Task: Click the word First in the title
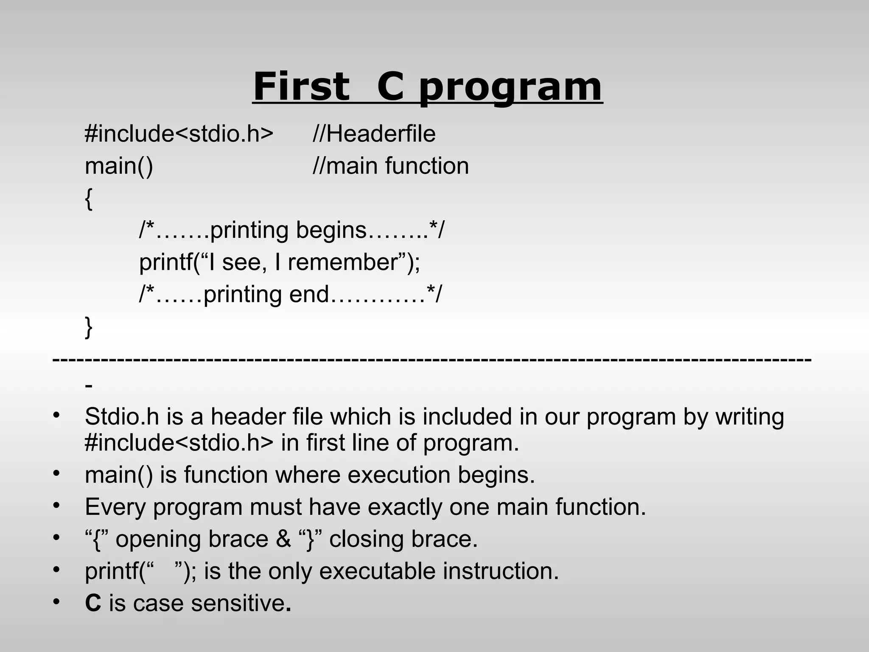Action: coord(301,86)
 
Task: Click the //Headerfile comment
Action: coord(374,134)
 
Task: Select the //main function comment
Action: coord(390,166)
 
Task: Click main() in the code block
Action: coord(119,166)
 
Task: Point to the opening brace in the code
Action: coord(88,199)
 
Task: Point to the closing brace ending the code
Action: coord(88,327)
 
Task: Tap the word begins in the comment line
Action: coord(331,230)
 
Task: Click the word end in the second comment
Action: coord(308,294)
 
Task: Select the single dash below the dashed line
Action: coord(88,386)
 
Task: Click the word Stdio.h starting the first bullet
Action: coord(122,416)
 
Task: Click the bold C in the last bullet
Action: coord(93,603)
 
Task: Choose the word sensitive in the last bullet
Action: coord(237,603)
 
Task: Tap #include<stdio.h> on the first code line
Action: coord(179,134)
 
